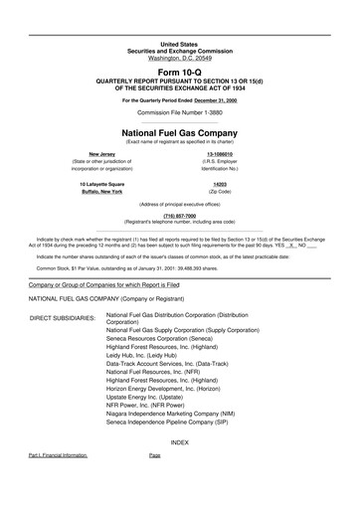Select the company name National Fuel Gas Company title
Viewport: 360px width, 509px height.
(x=179, y=131)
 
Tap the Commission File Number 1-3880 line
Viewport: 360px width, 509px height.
(x=179, y=112)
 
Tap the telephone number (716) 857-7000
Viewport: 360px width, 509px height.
(x=179, y=216)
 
